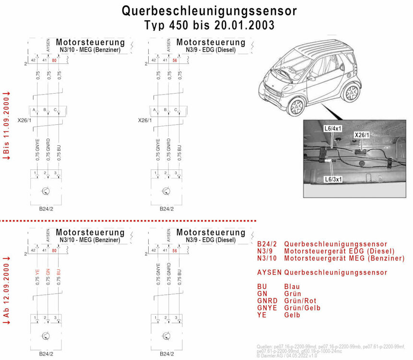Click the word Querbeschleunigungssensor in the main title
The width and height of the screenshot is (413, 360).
(x=209, y=11)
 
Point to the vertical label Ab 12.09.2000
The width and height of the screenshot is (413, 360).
(x=7, y=292)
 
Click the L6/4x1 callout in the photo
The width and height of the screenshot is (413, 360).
(x=332, y=129)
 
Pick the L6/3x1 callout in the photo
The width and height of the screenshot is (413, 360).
(x=332, y=179)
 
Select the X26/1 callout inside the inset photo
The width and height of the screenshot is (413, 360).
(x=361, y=135)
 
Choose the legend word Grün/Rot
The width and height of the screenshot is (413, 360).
(x=300, y=300)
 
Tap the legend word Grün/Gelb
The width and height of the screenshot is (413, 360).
(x=302, y=308)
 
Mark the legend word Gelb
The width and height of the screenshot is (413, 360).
(x=292, y=315)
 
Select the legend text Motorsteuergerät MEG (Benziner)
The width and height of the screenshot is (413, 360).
(x=344, y=258)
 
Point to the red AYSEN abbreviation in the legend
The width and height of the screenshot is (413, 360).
(x=270, y=273)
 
